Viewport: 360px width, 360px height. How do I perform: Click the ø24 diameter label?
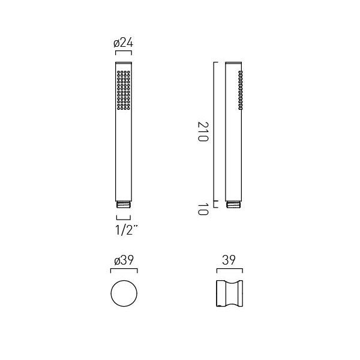point(123,43)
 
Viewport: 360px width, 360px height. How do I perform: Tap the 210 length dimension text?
point(203,131)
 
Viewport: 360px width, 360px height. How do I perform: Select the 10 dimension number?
point(203,209)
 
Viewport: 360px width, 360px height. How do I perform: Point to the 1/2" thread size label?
point(127,230)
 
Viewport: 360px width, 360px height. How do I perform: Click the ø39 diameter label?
point(124,260)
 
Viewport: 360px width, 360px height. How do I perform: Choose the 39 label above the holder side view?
point(229,260)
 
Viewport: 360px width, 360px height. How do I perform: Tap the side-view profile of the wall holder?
point(230,293)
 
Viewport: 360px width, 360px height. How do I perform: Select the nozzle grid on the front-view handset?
point(124,90)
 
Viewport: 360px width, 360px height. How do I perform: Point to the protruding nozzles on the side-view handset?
point(241,90)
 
